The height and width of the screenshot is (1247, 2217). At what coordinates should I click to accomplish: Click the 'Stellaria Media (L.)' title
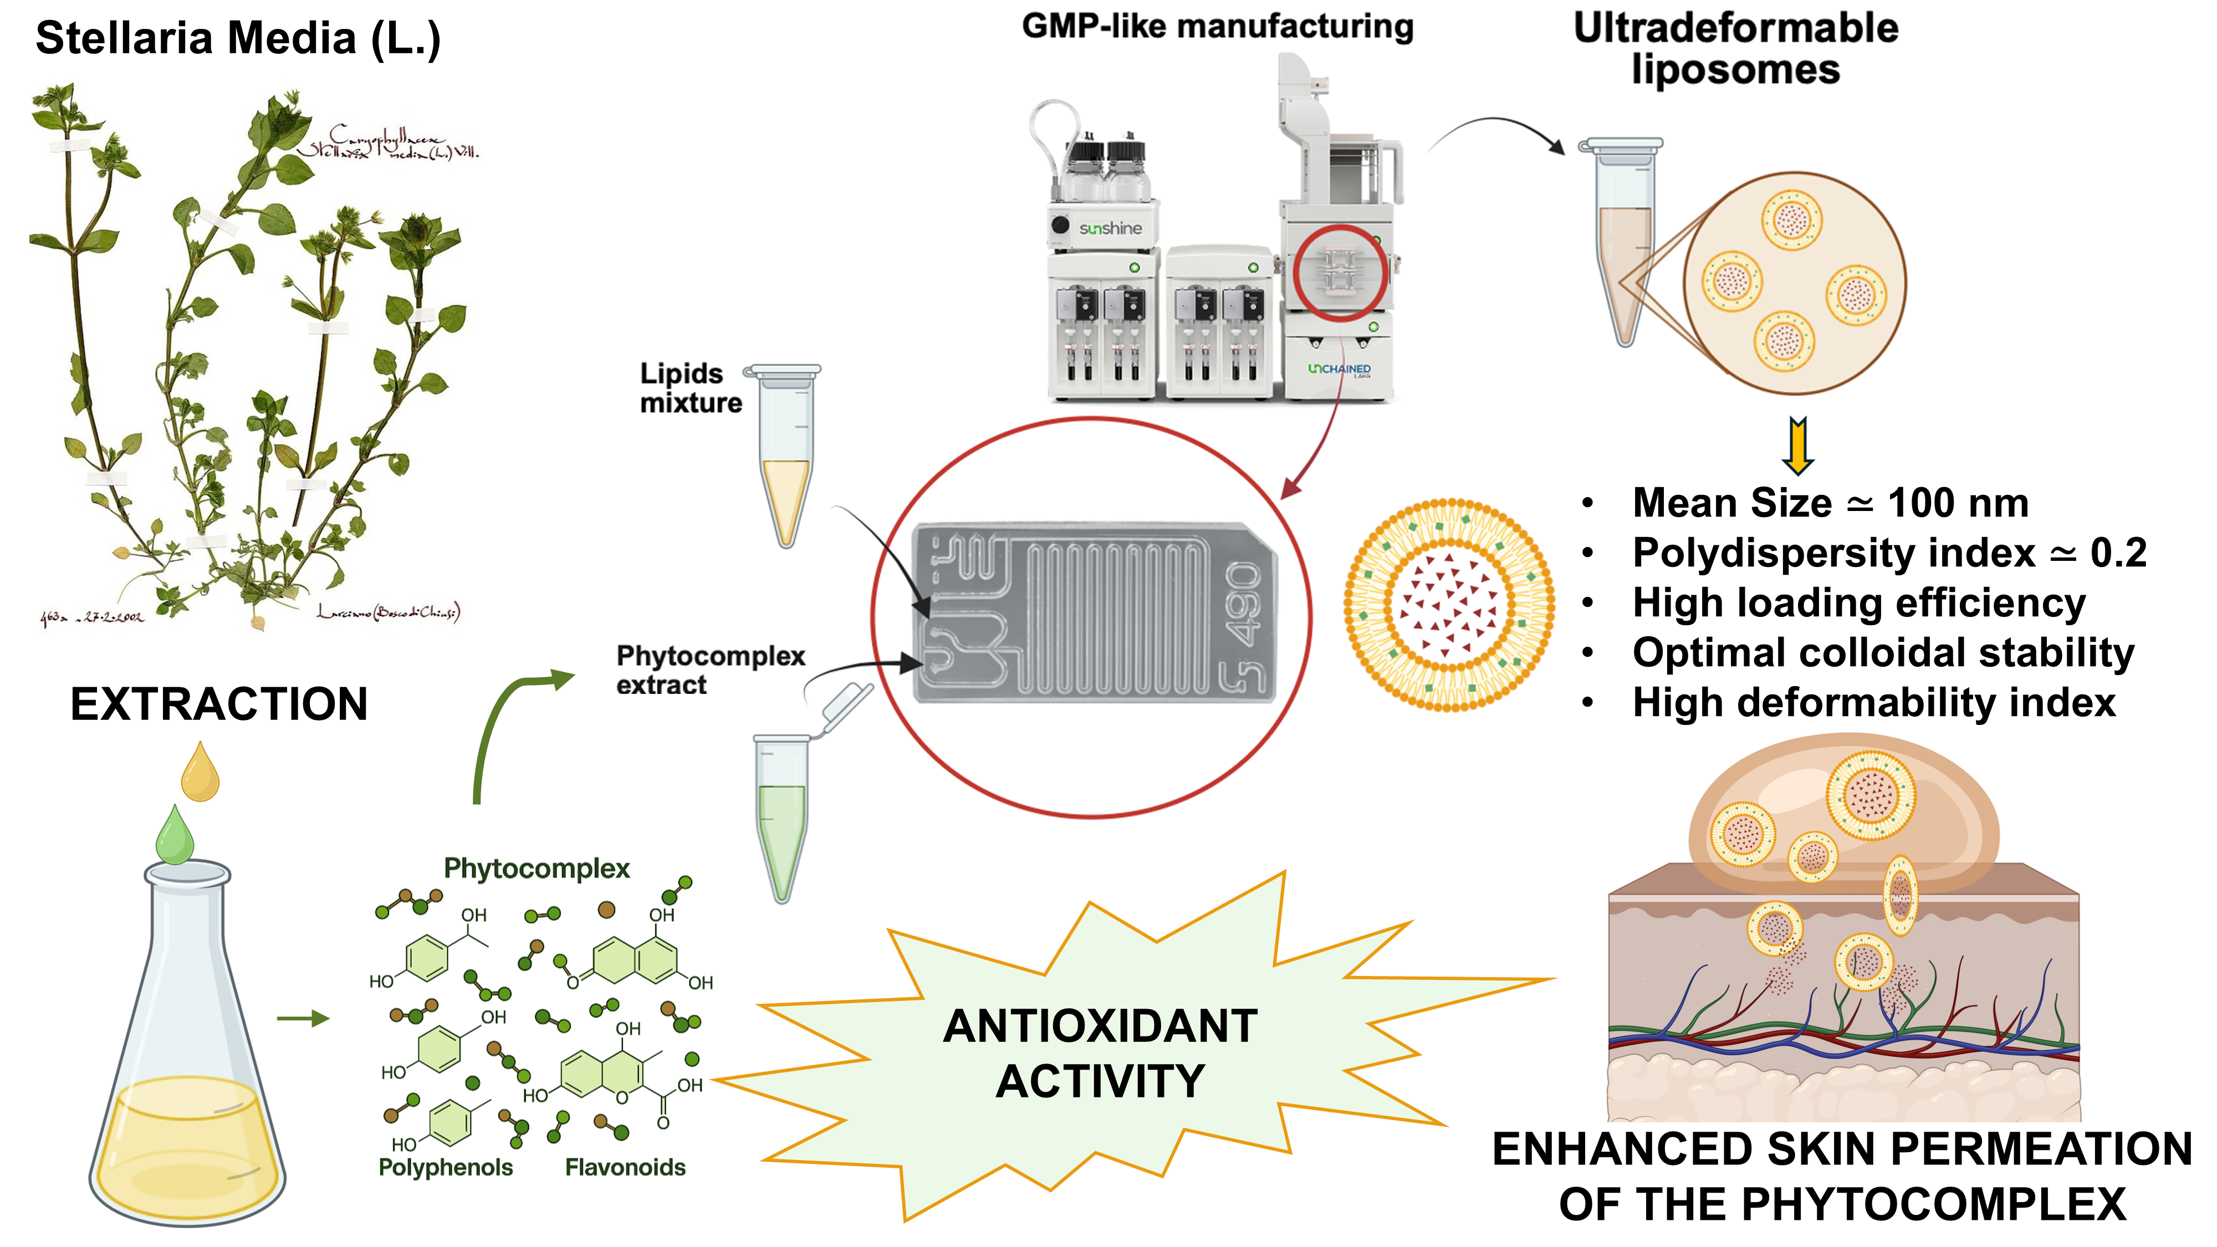tap(238, 39)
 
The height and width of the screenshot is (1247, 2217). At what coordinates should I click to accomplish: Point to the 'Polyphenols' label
tap(445, 1167)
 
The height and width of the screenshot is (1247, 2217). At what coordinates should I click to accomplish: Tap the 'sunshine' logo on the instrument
tap(1110, 228)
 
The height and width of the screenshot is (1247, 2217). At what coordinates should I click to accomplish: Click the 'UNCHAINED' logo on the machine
tap(1339, 369)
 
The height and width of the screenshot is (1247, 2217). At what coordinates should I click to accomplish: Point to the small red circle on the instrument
tap(1339, 273)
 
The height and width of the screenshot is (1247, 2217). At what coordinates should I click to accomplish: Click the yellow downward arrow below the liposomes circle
tap(1799, 445)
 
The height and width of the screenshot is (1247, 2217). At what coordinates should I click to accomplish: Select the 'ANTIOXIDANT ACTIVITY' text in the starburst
tap(1100, 1054)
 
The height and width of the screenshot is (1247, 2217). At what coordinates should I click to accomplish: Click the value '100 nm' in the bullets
tap(1958, 503)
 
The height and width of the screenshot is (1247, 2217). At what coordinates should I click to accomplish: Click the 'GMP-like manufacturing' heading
tap(1217, 27)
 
